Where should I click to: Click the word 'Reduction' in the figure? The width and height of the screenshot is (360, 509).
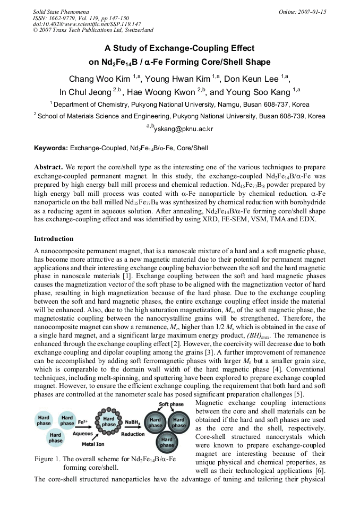[x=133, y=434]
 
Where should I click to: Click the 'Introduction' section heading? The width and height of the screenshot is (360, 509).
[x=54, y=239]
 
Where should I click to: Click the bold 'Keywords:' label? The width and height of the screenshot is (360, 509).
[x=51, y=148]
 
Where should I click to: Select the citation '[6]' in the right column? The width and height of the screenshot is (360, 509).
[x=320, y=471]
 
